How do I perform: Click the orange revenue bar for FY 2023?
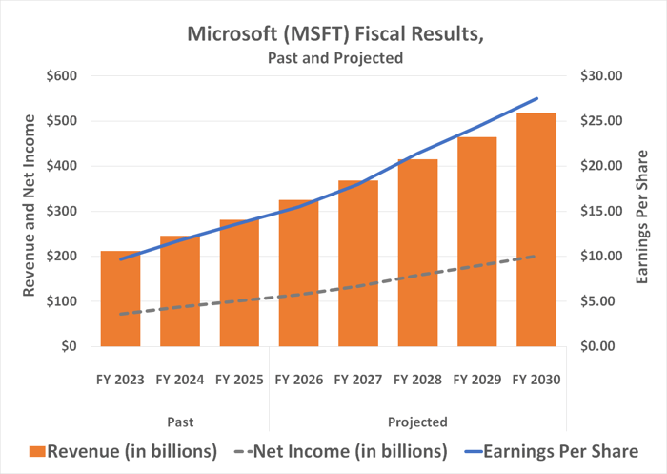(x=121, y=299)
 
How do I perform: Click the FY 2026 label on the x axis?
(x=298, y=380)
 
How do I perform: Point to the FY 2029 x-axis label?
(x=476, y=380)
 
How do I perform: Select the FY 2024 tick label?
(x=180, y=380)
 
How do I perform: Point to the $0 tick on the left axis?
(x=70, y=346)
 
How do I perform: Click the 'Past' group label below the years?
(x=180, y=421)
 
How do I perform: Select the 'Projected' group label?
(x=417, y=421)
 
